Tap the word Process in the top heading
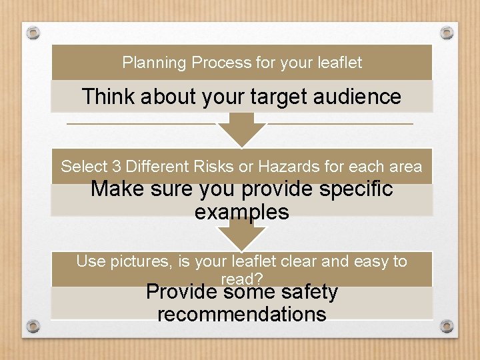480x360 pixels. (221, 63)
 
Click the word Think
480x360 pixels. (108, 97)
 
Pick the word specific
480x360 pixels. (354, 189)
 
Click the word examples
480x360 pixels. (241, 212)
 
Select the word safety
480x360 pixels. (310, 292)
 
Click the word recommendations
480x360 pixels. (241, 314)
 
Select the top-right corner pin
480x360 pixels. (447, 32)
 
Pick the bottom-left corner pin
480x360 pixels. (34, 327)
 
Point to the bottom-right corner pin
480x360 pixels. (447, 326)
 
